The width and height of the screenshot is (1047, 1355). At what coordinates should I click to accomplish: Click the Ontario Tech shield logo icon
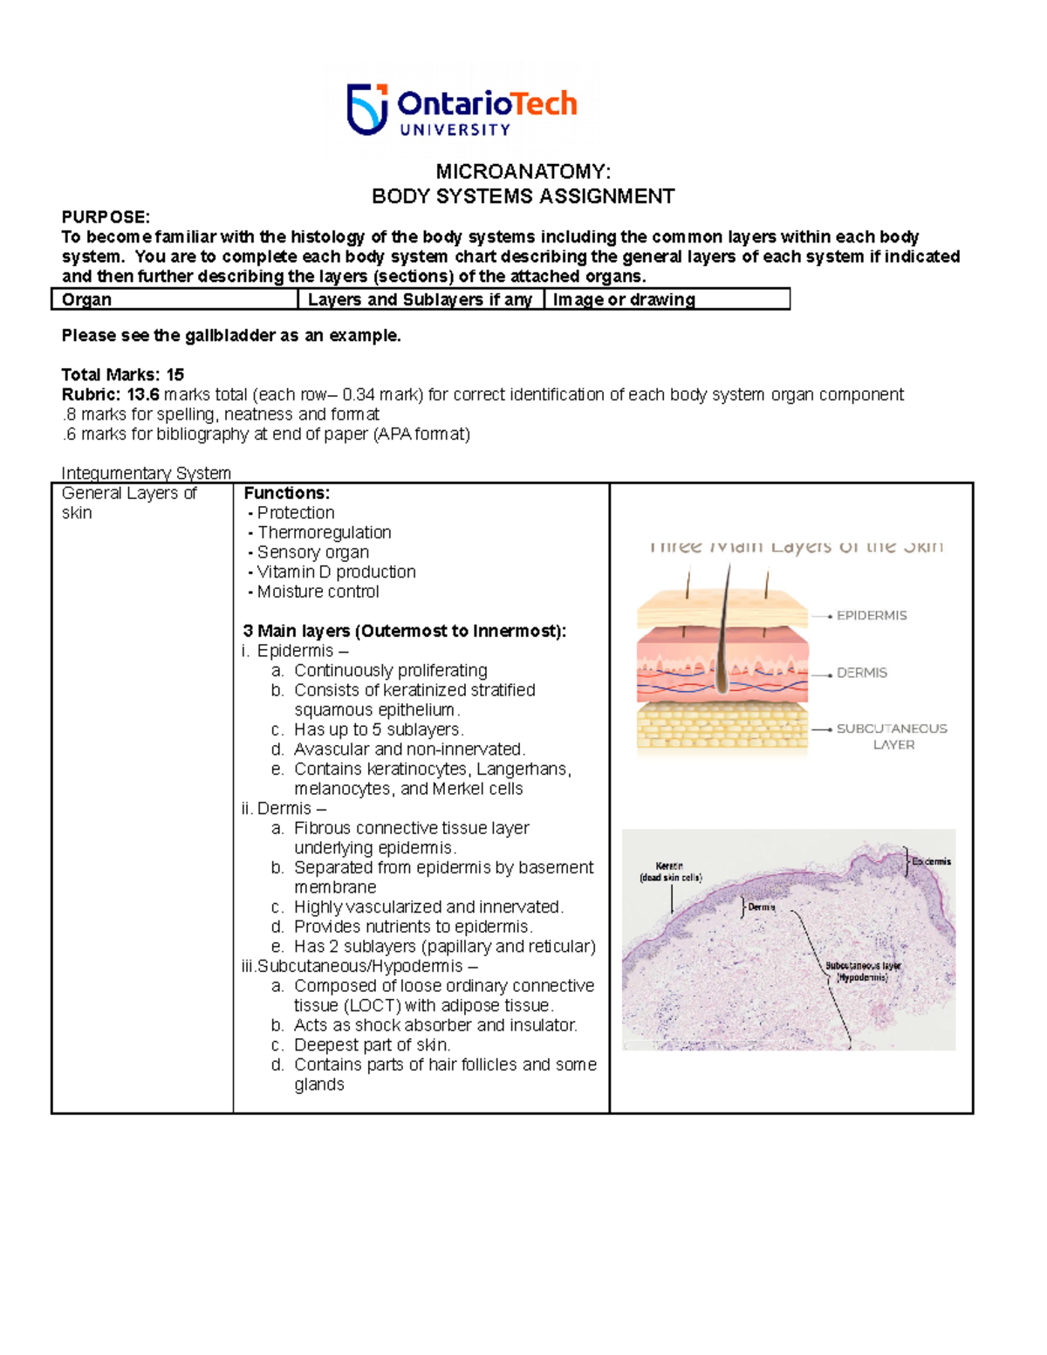pyautogui.click(x=367, y=109)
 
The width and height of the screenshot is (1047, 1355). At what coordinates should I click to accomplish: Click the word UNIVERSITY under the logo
pyautogui.click(x=455, y=130)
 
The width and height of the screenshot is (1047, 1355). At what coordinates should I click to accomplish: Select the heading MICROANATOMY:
pyautogui.click(x=523, y=171)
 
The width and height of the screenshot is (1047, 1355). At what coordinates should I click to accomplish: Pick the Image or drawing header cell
pyautogui.click(x=624, y=299)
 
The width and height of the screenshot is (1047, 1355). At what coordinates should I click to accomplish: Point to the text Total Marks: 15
pyautogui.click(x=122, y=374)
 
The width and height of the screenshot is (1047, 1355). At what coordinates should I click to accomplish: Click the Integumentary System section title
pyautogui.click(x=146, y=473)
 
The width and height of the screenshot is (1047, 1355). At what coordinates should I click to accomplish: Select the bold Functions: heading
pyautogui.click(x=286, y=493)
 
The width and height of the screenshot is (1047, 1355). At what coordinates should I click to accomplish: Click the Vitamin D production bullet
pyautogui.click(x=336, y=571)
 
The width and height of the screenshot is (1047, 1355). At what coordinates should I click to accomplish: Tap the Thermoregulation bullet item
pyautogui.click(x=324, y=532)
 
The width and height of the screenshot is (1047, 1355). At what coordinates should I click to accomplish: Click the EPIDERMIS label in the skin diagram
pyautogui.click(x=871, y=615)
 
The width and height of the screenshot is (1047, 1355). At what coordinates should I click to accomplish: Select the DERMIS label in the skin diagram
pyautogui.click(x=861, y=673)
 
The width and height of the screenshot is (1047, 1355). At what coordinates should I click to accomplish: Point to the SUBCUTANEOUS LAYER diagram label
pyautogui.click(x=891, y=736)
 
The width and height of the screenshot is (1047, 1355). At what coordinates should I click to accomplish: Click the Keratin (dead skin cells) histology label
pyautogui.click(x=670, y=872)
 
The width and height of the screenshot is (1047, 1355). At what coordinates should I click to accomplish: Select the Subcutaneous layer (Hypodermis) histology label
pyautogui.click(x=862, y=972)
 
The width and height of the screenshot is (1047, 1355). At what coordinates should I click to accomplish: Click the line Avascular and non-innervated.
pyautogui.click(x=409, y=749)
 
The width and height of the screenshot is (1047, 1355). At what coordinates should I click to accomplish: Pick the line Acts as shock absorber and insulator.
pyautogui.click(x=435, y=1025)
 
